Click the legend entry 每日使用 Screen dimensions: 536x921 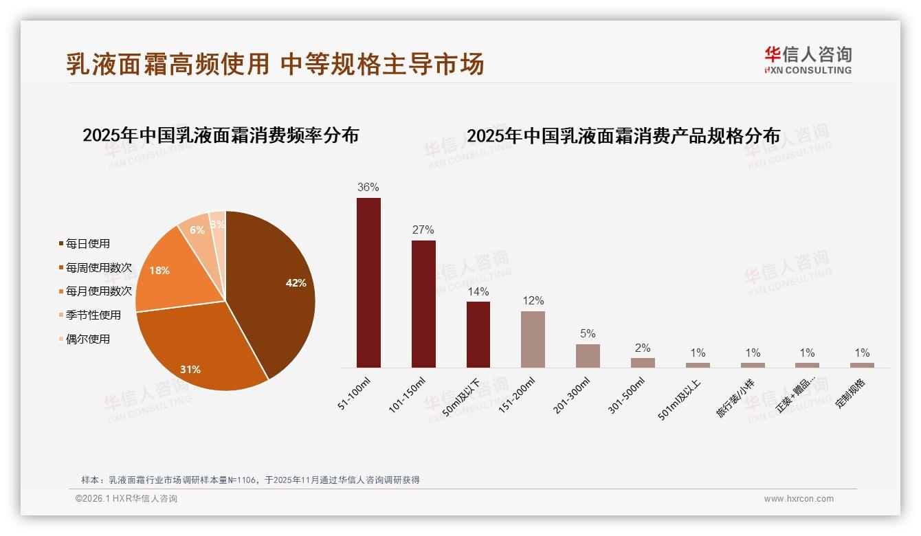point(87,244)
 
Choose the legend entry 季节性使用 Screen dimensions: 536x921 point(93,315)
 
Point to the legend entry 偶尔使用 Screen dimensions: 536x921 point(87,339)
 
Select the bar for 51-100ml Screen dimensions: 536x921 point(368,282)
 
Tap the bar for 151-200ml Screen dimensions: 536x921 point(533,339)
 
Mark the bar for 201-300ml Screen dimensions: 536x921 point(588,356)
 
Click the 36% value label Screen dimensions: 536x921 point(368,188)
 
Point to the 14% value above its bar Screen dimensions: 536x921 point(478,291)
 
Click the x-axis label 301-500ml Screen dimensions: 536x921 point(627,395)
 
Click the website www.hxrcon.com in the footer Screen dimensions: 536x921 point(799,499)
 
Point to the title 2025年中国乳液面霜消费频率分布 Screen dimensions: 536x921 point(221,135)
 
